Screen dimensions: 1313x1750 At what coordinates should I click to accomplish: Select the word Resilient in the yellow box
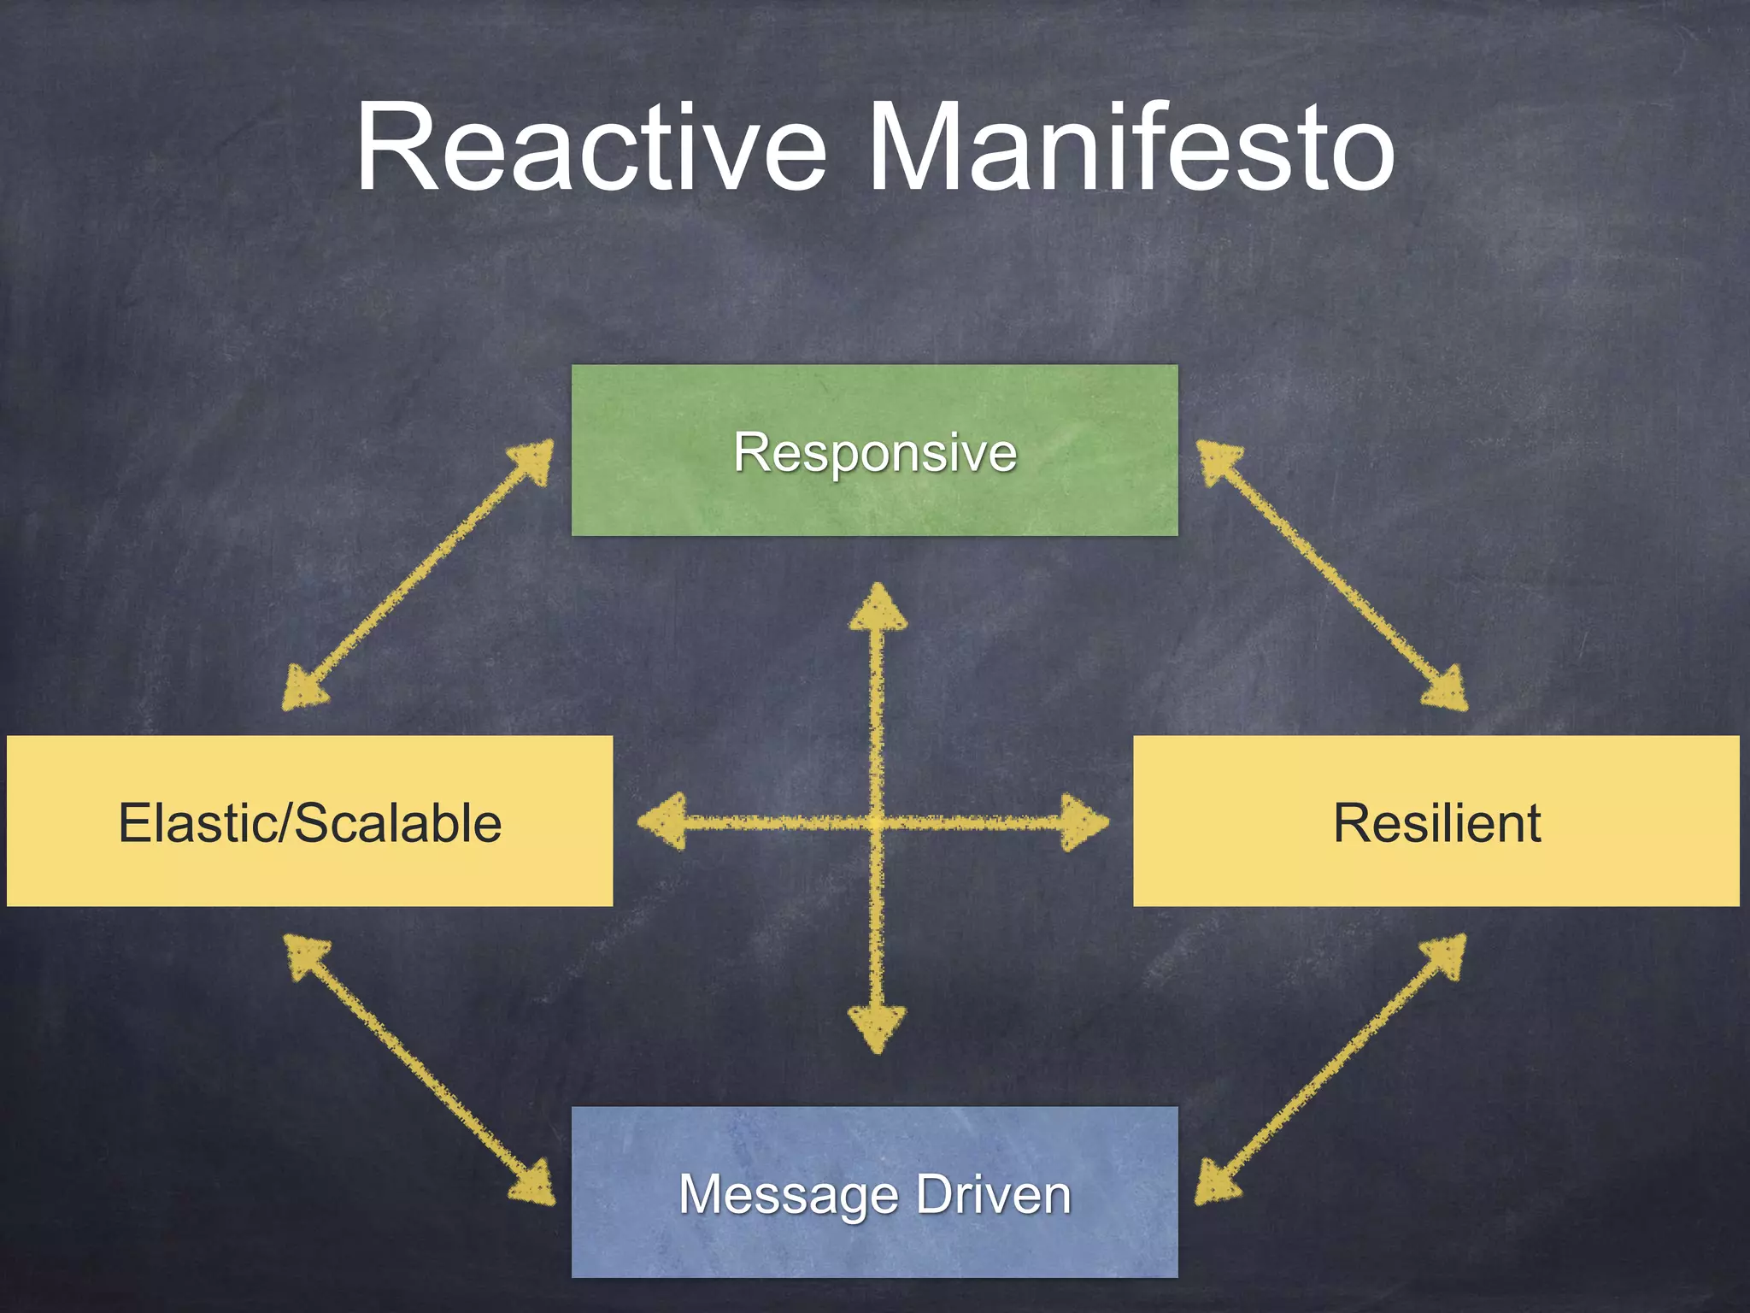click(1437, 822)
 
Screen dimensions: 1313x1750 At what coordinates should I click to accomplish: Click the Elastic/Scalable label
click(309, 822)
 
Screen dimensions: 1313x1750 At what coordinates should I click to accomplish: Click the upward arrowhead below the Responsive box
click(878, 609)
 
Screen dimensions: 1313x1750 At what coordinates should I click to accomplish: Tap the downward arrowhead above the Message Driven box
click(878, 1028)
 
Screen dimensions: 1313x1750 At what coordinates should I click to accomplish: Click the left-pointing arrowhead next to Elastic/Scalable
click(665, 822)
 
